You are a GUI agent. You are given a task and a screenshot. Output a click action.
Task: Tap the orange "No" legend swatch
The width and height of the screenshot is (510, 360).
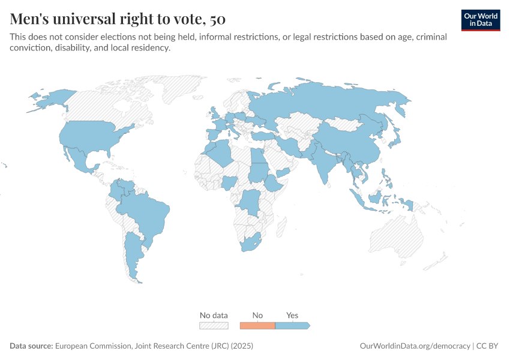257,325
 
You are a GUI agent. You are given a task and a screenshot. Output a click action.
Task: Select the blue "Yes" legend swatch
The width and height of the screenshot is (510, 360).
292,325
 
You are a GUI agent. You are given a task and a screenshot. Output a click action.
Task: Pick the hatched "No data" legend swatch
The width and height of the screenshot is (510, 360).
214,325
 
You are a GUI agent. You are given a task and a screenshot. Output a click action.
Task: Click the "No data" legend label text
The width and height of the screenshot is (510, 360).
214,315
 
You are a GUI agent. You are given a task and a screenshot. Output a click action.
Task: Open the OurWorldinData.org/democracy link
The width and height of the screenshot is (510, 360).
415,346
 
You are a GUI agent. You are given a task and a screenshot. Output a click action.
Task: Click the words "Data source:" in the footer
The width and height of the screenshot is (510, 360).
31,346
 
